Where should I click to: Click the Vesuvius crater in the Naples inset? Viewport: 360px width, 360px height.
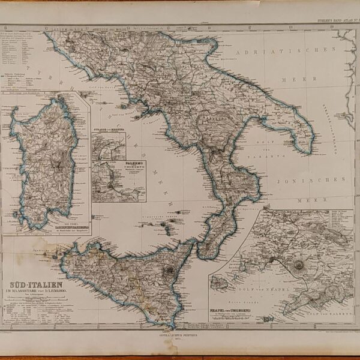pos(298,265)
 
